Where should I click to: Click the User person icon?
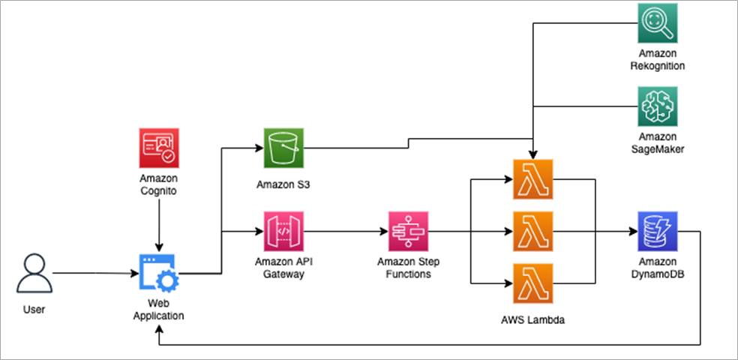pos(34,274)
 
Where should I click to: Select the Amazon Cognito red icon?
pos(159,148)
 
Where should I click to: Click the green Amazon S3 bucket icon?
pos(283,148)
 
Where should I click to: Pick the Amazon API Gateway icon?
pos(283,231)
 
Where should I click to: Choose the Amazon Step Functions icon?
pos(409,231)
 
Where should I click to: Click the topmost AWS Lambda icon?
pos(532,179)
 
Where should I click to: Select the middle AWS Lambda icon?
pos(532,231)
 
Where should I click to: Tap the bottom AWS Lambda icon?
pos(532,283)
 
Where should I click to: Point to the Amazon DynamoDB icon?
pos(658,231)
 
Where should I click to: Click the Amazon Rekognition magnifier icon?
pos(658,23)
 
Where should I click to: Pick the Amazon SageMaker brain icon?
pos(658,106)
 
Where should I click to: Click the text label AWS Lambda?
pos(532,320)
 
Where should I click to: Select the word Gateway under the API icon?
pos(283,274)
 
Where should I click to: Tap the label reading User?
pos(34,309)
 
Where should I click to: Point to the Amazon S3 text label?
pos(283,184)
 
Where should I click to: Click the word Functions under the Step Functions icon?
pos(409,274)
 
